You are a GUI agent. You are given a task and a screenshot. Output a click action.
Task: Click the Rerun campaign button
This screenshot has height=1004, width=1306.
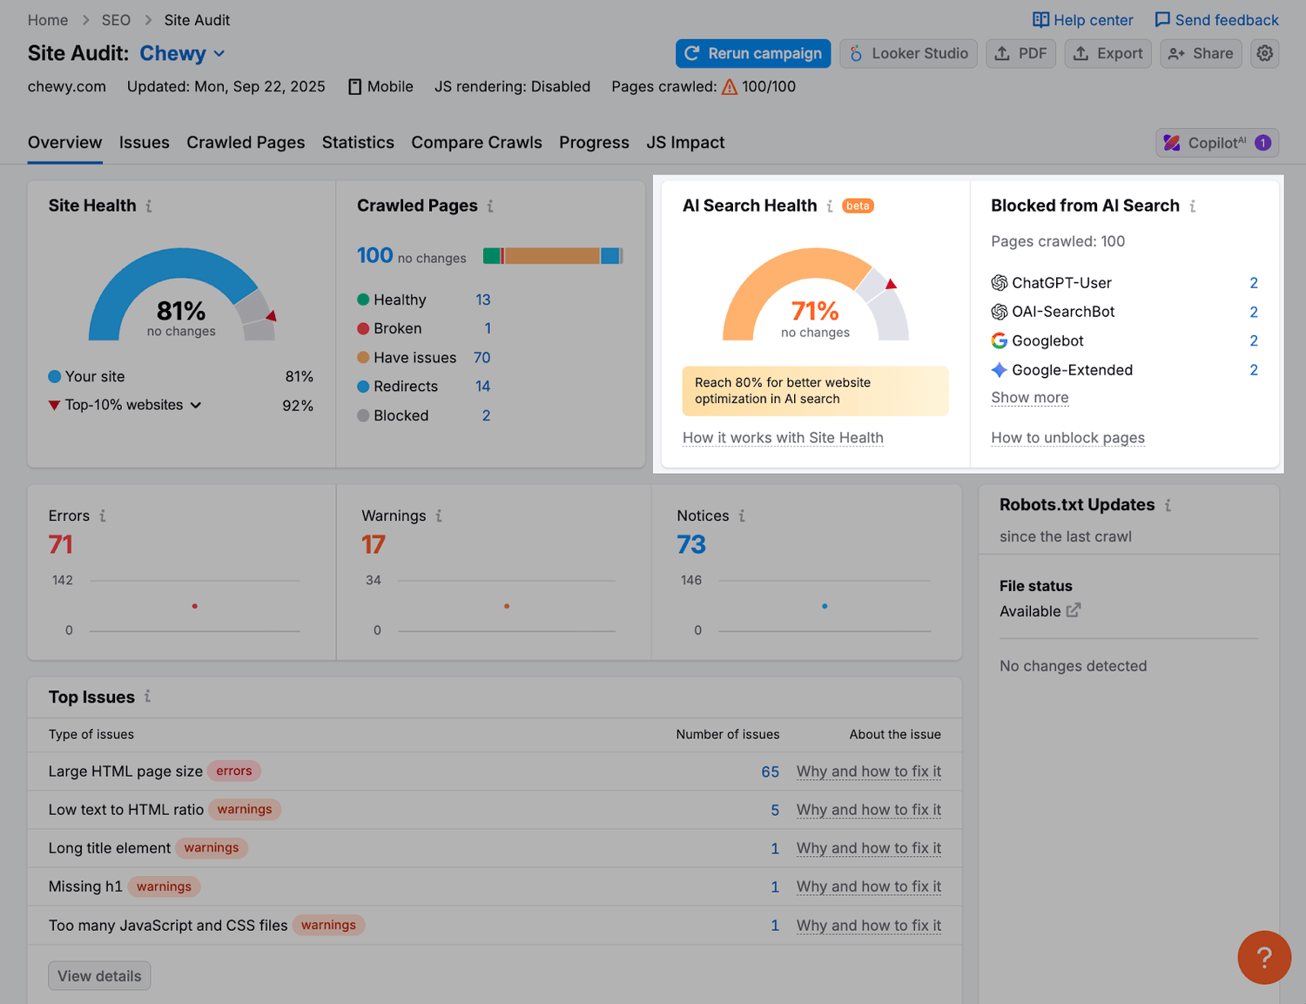pos(753,54)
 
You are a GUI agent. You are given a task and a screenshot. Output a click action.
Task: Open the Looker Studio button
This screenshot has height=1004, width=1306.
pos(908,54)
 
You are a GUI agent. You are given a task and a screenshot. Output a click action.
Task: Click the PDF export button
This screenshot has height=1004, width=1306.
pos(1020,54)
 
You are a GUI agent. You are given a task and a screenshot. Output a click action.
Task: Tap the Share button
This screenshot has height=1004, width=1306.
pos(1201,54)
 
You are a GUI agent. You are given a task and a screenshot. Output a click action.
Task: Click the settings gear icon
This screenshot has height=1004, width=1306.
pos(1264,54)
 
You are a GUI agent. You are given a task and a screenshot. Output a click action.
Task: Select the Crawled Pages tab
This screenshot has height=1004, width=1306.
pos(246,143)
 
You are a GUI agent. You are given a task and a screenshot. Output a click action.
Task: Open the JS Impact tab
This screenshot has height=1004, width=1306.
pos(685,143)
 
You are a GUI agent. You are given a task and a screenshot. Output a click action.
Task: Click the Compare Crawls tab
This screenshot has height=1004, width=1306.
pos(476,143)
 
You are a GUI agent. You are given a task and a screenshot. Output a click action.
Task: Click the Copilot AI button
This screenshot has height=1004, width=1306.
pos(1216,143)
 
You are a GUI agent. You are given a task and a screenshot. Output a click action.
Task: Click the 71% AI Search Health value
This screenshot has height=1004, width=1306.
pos(815,311)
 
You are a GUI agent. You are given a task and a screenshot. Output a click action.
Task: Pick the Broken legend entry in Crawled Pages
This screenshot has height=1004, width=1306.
pos(397,329)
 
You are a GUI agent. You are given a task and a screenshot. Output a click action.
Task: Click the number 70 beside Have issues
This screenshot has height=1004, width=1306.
pos(481,358)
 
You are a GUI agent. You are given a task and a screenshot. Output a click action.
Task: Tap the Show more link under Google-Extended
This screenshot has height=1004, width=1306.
pos(1029,398)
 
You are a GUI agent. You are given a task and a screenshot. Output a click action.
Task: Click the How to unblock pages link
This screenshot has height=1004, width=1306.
pos(1067,438)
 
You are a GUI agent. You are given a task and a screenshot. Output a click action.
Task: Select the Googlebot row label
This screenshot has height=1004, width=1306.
pos(1047,341)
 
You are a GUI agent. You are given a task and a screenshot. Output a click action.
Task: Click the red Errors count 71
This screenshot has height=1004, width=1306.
pos(61,545)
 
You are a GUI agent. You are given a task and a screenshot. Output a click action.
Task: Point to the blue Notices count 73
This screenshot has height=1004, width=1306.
pos(691,545)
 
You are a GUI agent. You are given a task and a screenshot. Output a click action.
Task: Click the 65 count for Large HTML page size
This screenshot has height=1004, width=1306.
pos(770,772)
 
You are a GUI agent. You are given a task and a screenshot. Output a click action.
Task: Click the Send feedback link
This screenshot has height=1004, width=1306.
pos(1216,20)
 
